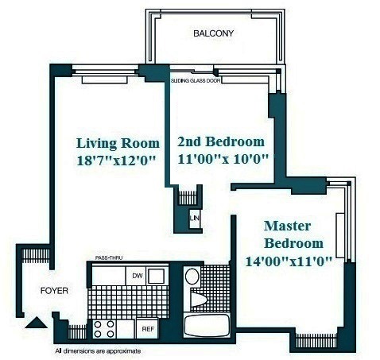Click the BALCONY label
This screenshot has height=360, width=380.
coord(214,33)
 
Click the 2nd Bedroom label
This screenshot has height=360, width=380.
coord(220,141)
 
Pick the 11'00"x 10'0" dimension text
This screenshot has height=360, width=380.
coord(223,158)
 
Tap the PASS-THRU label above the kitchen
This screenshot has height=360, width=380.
coord(108,259)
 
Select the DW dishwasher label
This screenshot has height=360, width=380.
coord(137,276)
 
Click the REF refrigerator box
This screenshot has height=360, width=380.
coord(147,327)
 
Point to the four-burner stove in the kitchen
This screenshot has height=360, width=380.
coord(103,328)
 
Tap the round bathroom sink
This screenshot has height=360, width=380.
coord(191,277)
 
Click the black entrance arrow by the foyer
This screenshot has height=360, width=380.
coord(35,323)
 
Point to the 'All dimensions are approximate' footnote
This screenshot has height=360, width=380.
coord(98,350)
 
